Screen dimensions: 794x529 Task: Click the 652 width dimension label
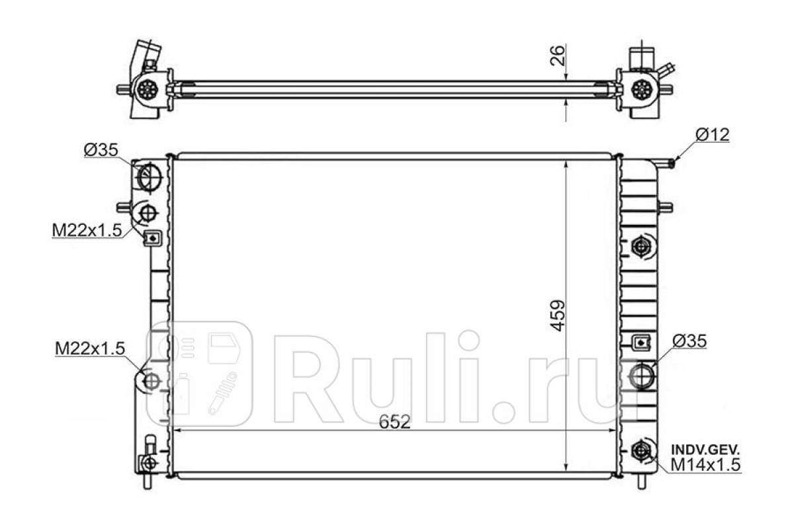(394, 422)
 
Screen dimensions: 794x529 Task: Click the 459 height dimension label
(558, 316)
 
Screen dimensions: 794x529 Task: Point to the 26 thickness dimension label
(557, 56)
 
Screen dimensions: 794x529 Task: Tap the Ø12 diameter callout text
(713, 135)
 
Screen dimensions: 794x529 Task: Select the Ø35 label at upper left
(101, 150)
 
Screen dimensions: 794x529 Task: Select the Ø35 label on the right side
(689, 341)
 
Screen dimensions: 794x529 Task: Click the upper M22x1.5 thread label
(87, 230)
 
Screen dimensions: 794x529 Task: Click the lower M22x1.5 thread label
(90, 348)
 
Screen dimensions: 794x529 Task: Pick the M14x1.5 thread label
(705, 464)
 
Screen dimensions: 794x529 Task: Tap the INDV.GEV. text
(705, 450)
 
